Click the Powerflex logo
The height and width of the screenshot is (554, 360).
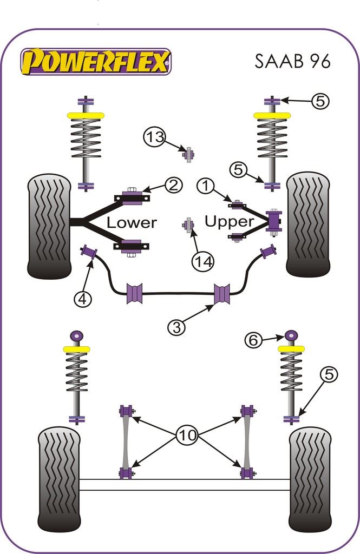point(96,61)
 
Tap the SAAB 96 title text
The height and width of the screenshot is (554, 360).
point(292,61)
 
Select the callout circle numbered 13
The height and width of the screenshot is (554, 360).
point(155,137)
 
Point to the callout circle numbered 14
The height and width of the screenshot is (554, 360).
point(203,261)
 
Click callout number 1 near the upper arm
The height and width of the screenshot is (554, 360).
point(206,187)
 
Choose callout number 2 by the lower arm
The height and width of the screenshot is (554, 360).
point(173,186)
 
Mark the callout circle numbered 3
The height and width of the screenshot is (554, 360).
point(177,327)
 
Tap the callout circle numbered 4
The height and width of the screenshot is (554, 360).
point(83,299)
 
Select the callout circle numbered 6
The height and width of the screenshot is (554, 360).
point(253,340)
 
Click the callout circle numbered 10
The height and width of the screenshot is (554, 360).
point(186,434)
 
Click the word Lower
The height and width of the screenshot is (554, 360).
point(132,222)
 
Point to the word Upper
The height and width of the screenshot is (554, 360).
point(229,221)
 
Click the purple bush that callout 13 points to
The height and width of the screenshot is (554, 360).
point(188,154)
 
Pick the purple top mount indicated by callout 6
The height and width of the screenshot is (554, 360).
point(291,335)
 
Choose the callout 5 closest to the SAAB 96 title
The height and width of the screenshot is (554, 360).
point(320,100)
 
